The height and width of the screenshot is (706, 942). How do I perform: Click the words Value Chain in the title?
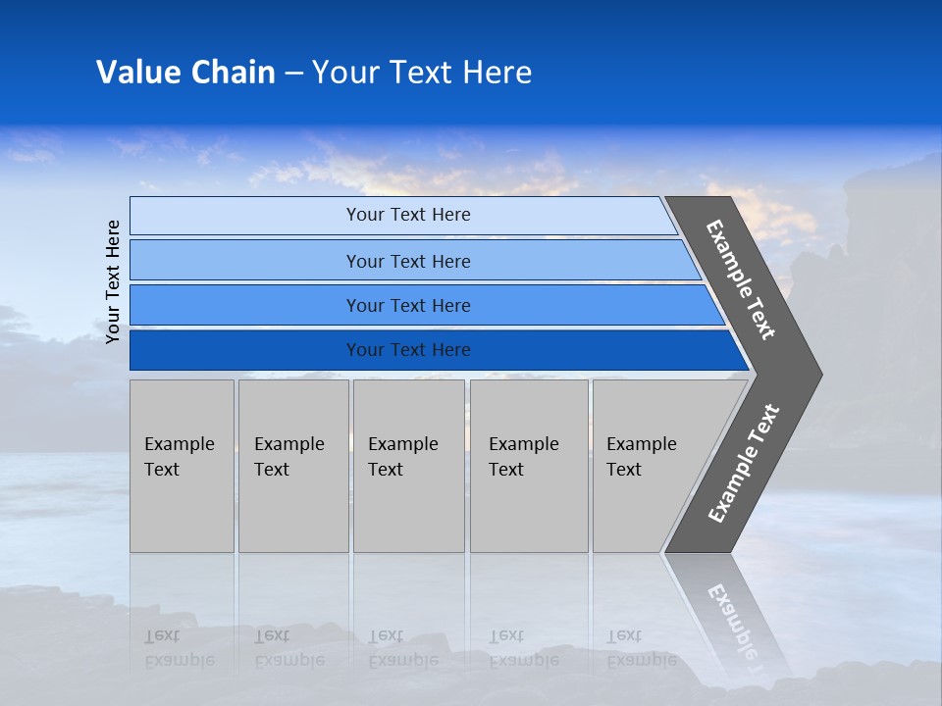[185, 72]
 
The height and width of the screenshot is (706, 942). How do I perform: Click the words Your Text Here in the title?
[422, 72]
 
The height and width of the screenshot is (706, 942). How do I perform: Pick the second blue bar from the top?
[407, 261]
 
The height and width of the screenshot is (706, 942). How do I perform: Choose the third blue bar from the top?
[407, 305]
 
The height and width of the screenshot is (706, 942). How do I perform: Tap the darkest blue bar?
[407, 350]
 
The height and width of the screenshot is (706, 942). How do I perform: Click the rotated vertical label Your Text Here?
[113, 281]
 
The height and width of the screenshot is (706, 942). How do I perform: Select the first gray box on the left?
[182, 466]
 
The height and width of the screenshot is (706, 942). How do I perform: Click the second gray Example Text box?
[292, 466]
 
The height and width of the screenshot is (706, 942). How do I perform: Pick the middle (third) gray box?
[408, 466]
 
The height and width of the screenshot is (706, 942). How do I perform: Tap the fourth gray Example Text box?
[528, 466]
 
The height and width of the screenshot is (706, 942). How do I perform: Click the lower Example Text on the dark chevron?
[743, 463]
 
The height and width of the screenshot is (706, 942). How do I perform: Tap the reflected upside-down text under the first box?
[179, 648]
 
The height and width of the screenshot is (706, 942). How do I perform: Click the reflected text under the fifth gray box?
[641, 648]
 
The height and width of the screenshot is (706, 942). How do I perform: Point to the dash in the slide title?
[293, 73]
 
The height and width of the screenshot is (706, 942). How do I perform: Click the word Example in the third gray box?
[402, 444]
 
